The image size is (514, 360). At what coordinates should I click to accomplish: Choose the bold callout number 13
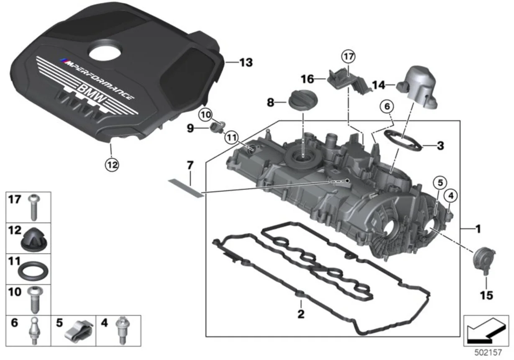(x=245, y=63)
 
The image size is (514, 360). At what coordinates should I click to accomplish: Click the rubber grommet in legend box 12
(x=33, y=240)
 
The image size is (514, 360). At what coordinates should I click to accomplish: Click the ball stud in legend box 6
(x=33, y=333)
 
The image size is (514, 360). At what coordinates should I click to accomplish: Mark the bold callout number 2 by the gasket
(x=301, y=313)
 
